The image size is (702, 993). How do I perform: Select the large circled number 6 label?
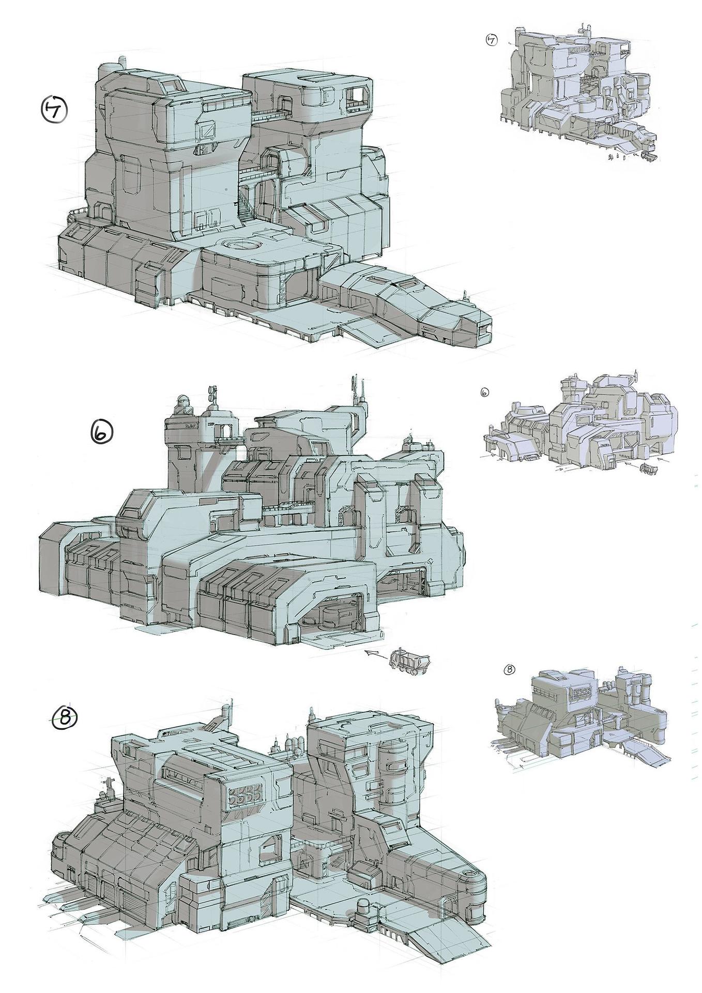(x=101, y=432)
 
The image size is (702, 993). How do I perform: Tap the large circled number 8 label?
(x=66, y=717)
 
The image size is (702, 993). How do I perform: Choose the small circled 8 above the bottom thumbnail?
(x=509, y=670)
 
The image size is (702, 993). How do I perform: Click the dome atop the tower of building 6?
(x=181, y=403)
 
